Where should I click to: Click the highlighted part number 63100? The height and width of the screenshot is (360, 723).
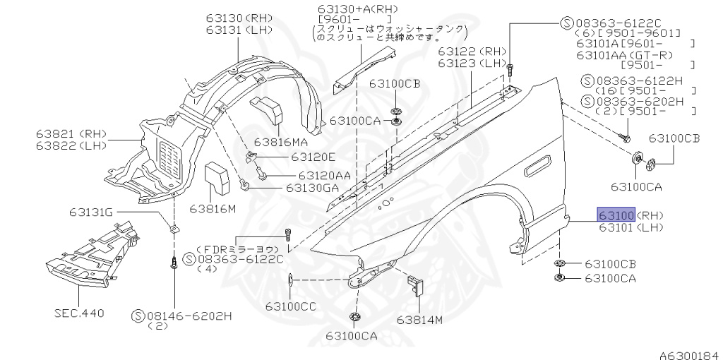616,215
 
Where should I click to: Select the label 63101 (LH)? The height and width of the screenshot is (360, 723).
631,227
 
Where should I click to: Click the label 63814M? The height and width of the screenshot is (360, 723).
419,320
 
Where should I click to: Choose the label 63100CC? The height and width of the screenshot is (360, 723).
291,306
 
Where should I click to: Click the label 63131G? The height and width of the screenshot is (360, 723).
90,211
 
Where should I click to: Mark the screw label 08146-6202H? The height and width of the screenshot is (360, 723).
190,316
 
